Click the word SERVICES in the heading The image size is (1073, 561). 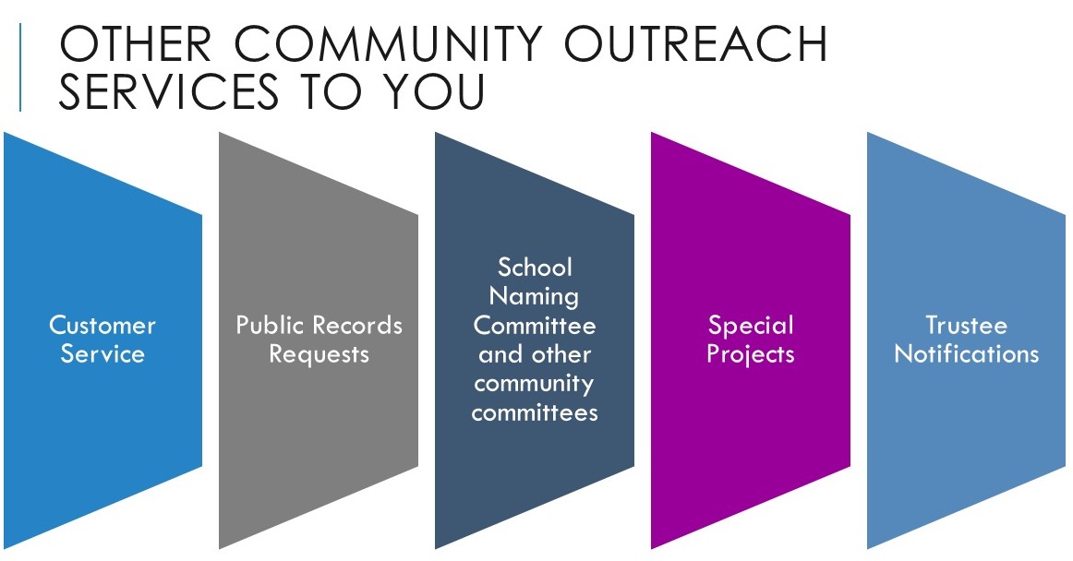168,91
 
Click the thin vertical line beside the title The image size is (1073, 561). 20,67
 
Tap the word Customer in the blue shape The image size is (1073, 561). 102,325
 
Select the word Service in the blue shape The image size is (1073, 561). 102,353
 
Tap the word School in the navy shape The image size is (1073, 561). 536,267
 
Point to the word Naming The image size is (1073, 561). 535,297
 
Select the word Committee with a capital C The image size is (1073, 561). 535,325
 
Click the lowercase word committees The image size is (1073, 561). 535,412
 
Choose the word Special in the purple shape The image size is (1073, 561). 751,327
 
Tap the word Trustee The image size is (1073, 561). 966,325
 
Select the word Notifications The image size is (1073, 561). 966,353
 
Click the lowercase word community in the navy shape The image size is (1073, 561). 534,385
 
